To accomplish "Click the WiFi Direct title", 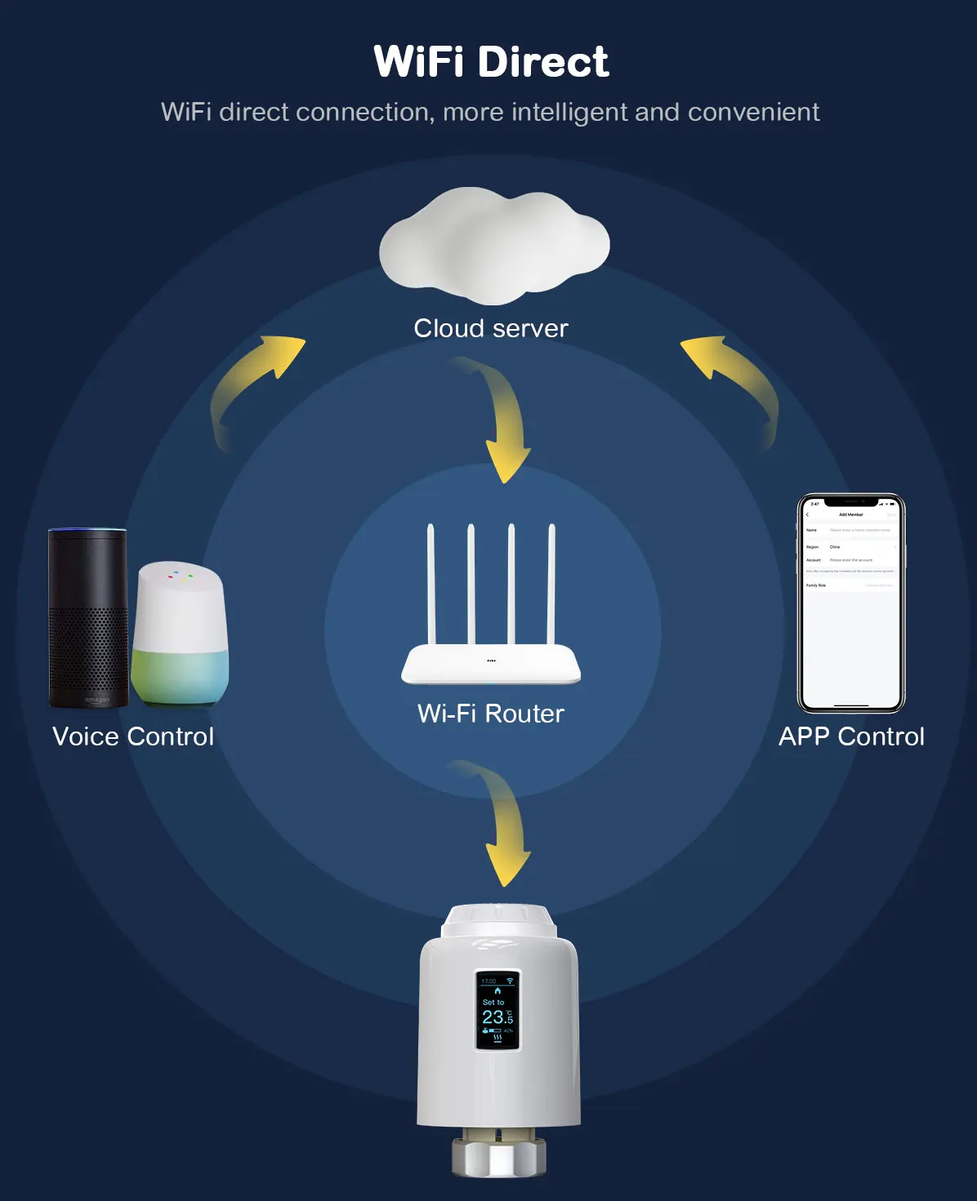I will coord(491,62).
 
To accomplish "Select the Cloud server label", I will coord(491,328).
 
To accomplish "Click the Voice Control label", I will coord(133,736).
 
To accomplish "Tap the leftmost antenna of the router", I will coord(431,584).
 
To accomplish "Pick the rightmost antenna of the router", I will coord(551,584).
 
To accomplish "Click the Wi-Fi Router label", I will coord(491,714).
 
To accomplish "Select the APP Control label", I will coord(851,736).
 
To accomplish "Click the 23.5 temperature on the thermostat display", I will coord(497,1017).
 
